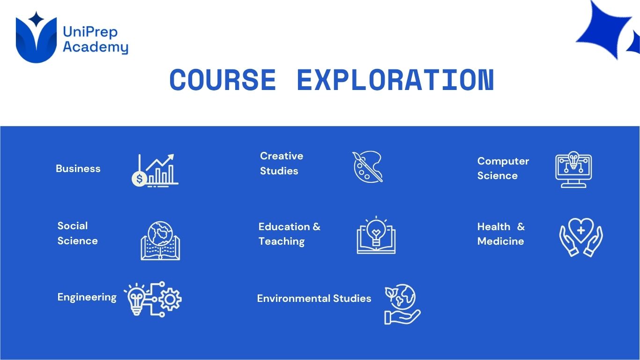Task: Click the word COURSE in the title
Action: (x=223, y=80)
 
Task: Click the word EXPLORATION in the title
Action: (x=396, y=80)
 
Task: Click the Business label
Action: (x=78, y=169)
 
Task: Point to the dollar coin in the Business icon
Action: (x=139, y=179)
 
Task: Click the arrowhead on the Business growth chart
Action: (x=171, y=157)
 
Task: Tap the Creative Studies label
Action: (x=282, y=163)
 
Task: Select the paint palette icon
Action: (x=367, y=166)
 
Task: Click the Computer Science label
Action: (x=503, y=168)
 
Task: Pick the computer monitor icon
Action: (x=573, y=170)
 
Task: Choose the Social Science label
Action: (x=77, y=233)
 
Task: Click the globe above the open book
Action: (x=160, y=233)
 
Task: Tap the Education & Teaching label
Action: (x=290, y=234)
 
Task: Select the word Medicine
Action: (x=500, y=241)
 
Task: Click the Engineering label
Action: (x=87, y=297)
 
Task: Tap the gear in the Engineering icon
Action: (x=170, y=300)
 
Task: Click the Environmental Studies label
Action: (x=314, y=298)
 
